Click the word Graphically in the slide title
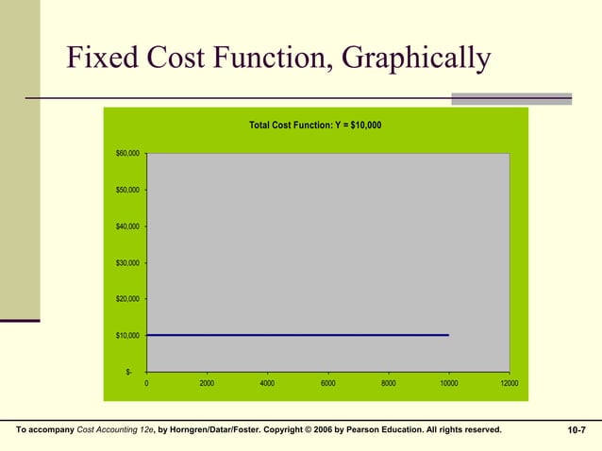[x=416, y=60]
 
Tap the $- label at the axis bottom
[x=130, y=372]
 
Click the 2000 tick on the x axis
[x=207, y=384]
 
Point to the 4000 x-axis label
[x=267, y=384]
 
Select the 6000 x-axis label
[x=327, y=384]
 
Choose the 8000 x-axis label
[x=388, y=384]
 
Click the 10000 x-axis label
[x=448, y=384]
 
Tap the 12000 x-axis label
[x=509, y=384]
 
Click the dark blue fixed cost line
[x=297, y=335]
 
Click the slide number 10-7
[x=577, y=430]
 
